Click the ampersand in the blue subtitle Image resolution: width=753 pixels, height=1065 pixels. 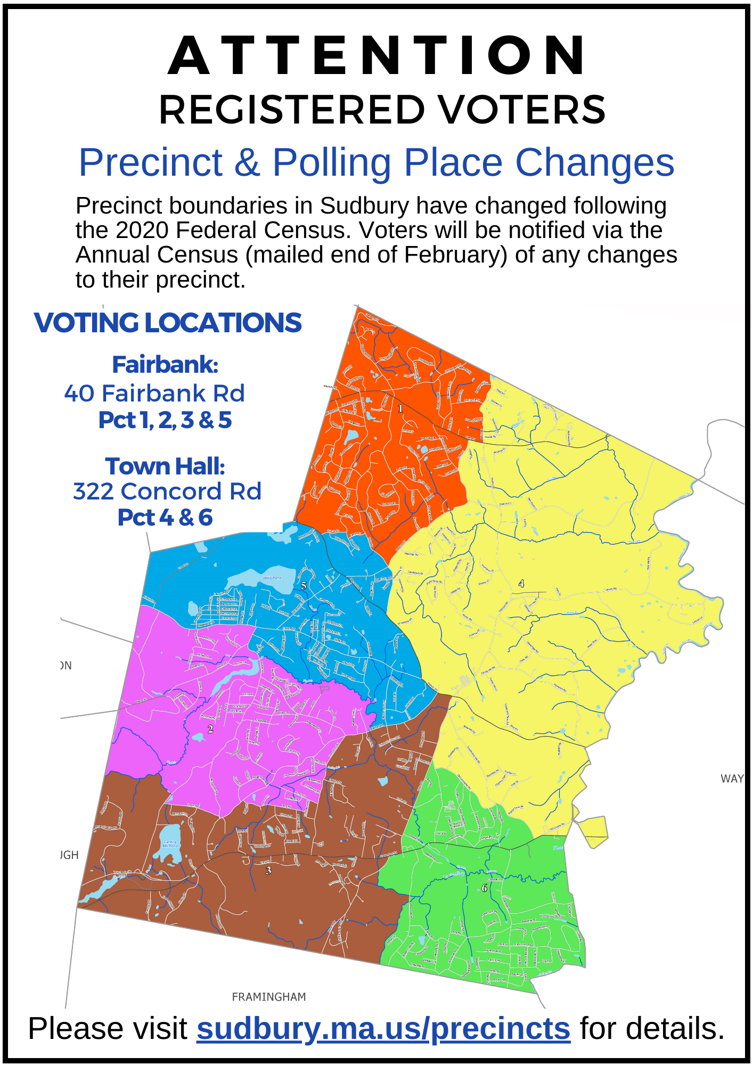247,162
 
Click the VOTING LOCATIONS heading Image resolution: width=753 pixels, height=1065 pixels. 168,323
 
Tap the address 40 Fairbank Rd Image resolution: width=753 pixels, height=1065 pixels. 154,393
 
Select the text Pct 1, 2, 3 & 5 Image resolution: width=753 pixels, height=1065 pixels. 165,420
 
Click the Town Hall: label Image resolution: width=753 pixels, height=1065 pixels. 165,466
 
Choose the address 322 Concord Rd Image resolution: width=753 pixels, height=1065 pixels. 167,491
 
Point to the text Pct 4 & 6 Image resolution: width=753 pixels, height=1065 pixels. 165,518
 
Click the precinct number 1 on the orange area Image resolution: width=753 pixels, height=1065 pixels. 400,408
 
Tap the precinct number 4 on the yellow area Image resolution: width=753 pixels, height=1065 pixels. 521,584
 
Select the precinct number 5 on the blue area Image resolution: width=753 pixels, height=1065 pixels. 304,586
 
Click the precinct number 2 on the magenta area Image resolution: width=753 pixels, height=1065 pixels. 210,729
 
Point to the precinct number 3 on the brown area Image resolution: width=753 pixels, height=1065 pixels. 268,871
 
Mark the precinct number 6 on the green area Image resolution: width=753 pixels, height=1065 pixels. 484,888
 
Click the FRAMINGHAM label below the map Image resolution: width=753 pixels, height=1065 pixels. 269,997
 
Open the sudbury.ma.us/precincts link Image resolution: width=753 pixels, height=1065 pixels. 383,1028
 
